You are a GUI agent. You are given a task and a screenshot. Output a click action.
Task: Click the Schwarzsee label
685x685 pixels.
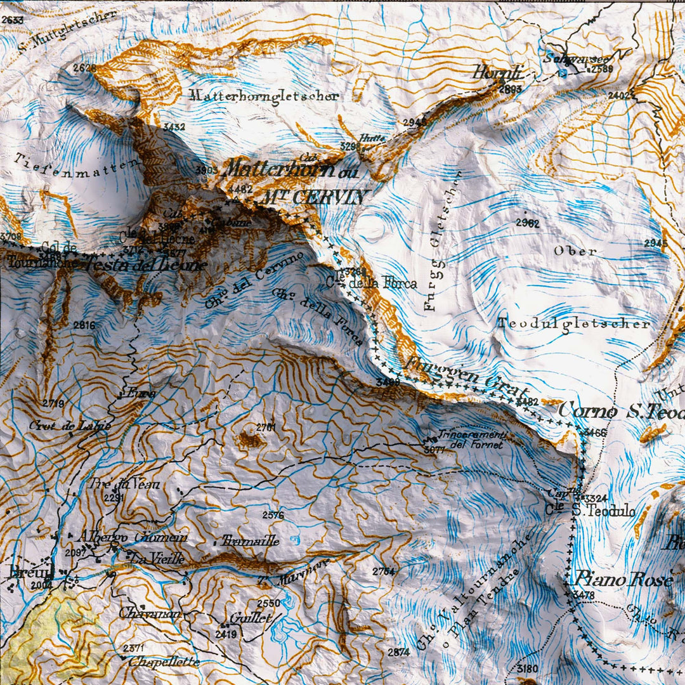click(568, 58)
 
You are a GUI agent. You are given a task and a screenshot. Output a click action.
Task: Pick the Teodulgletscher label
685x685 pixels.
click(573, 323)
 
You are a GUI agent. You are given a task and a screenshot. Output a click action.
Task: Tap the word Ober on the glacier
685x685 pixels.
click(575, 251)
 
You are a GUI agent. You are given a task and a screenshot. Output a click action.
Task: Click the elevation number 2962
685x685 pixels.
click(527, 223)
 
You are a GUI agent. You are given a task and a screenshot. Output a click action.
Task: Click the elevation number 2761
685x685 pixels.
click(266, 427)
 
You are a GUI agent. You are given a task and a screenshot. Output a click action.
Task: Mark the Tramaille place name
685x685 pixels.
click(250, 541)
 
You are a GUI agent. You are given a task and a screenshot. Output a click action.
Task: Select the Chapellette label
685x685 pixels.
click(164, 662)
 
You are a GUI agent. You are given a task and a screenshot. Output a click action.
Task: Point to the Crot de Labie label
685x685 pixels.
click(70, 425)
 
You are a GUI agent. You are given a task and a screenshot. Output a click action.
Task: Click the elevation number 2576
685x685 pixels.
click(273, 515)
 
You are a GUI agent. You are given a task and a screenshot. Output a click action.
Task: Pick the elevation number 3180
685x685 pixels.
click(527, 669)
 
